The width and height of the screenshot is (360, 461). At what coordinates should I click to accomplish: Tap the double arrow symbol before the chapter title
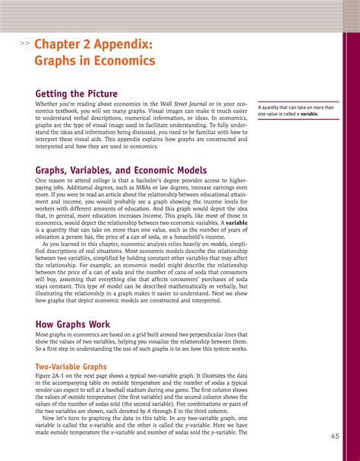pos(25,45)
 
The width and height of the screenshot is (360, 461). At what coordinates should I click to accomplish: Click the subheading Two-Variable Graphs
pos(69,367)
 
